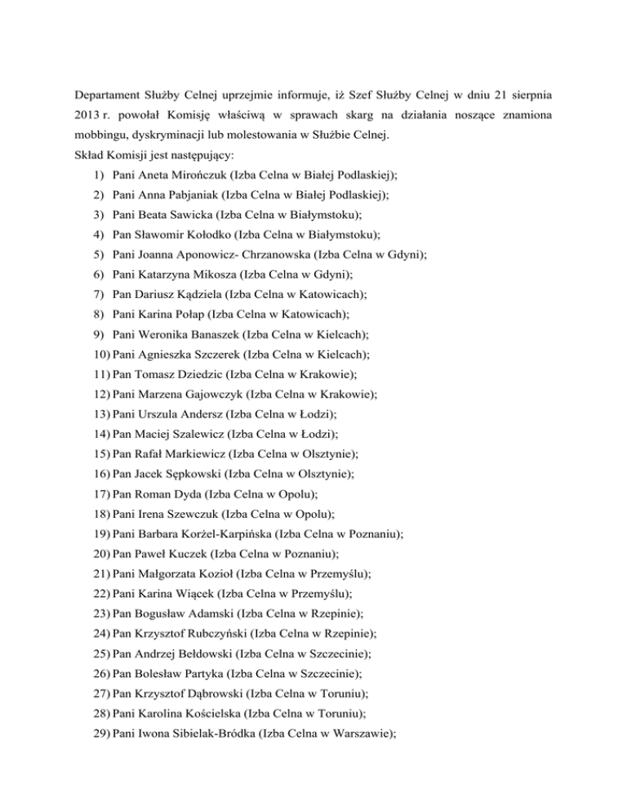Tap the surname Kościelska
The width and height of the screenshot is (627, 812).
pos(216,711)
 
